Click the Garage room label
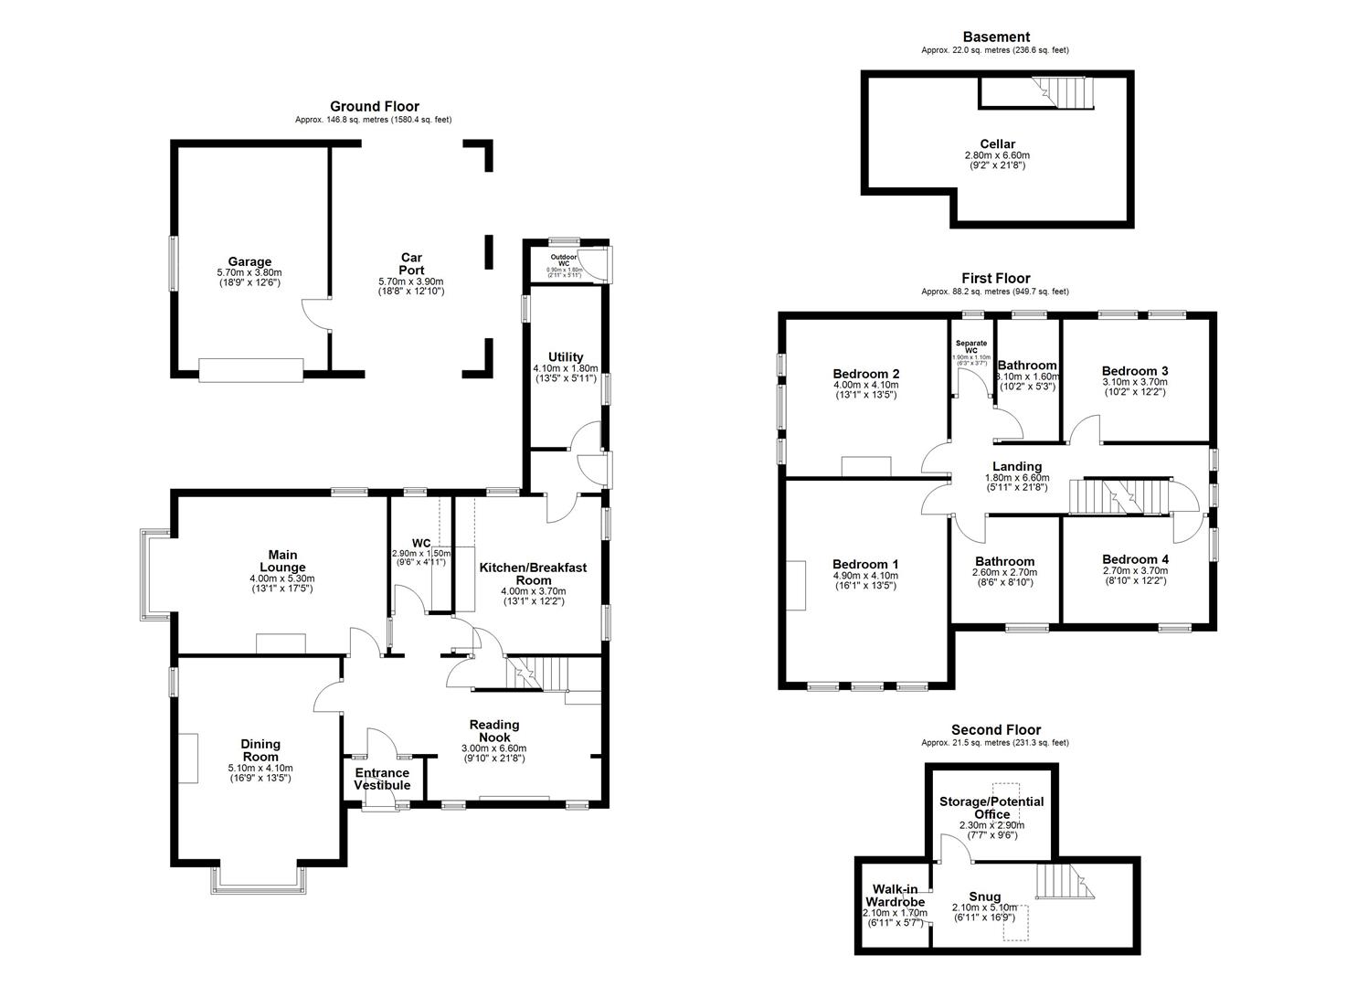click(249, 261)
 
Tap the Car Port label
click(411, 264)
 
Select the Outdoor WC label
click(564, 260)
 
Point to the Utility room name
click(566, 357)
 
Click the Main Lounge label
click(282, 561)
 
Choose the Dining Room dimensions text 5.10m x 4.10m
click(260, 768)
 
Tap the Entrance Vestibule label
click(382, 779)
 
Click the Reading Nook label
click(494, 731)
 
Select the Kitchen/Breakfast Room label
click(533, 574)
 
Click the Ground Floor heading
click(375, 107)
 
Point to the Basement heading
click(996, 37)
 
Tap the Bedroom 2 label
click(866, 374)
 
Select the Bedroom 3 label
click(1135, 370)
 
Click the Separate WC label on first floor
click(971, 346)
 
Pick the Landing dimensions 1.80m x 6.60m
click(1017, 478)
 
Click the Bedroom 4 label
click(1135, 559)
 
